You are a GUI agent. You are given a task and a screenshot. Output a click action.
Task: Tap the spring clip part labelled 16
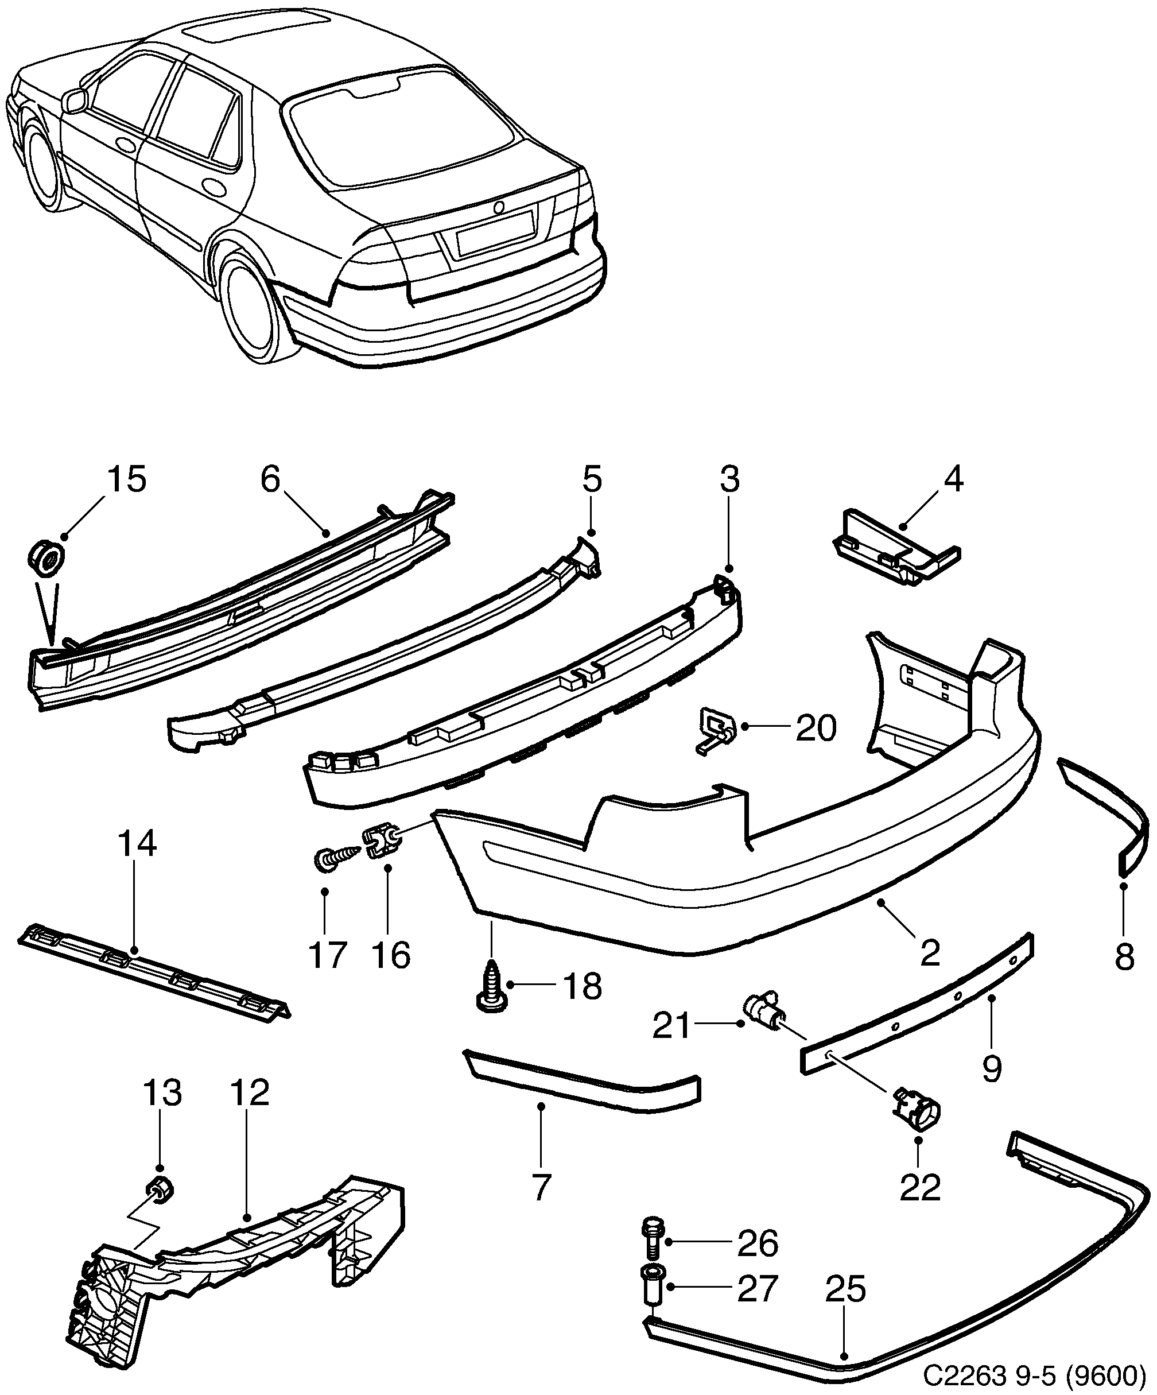(383, 842)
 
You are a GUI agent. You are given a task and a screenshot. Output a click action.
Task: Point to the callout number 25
(845, 1289)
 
